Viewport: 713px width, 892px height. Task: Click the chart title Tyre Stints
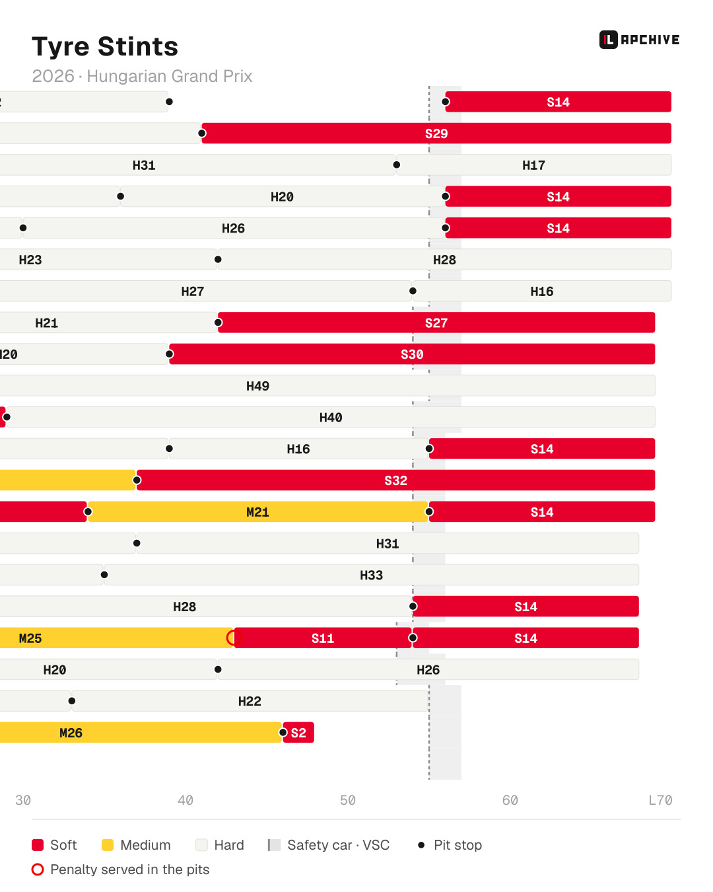[105, 46]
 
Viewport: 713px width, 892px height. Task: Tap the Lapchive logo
[639, 40]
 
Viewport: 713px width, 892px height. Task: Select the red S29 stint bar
[436, 133]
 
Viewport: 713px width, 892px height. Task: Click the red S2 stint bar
[298, 732]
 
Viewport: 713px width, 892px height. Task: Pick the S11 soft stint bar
[323, 638]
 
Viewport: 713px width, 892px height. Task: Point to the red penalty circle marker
[234, 638]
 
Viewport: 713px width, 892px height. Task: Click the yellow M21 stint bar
[257, 511]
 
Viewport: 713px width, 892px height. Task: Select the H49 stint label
[257, 386]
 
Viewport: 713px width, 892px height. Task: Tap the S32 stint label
[395, 480]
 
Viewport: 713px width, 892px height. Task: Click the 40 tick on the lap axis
[186, 800]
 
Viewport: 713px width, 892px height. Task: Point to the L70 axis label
[660, 800]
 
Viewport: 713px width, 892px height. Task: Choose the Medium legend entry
[136, 844]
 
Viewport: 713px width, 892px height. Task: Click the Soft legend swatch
[38, 844]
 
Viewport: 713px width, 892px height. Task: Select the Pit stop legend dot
[421, 844]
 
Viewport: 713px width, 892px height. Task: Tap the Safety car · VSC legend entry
[329, 844]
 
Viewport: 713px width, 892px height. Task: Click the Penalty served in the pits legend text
[129, 869]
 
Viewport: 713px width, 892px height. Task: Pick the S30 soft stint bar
[412, 354]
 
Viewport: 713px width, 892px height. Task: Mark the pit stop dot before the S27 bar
[218, 322]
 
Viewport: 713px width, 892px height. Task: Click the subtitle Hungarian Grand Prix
[169, 76]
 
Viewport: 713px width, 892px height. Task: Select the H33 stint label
[371, 575]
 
